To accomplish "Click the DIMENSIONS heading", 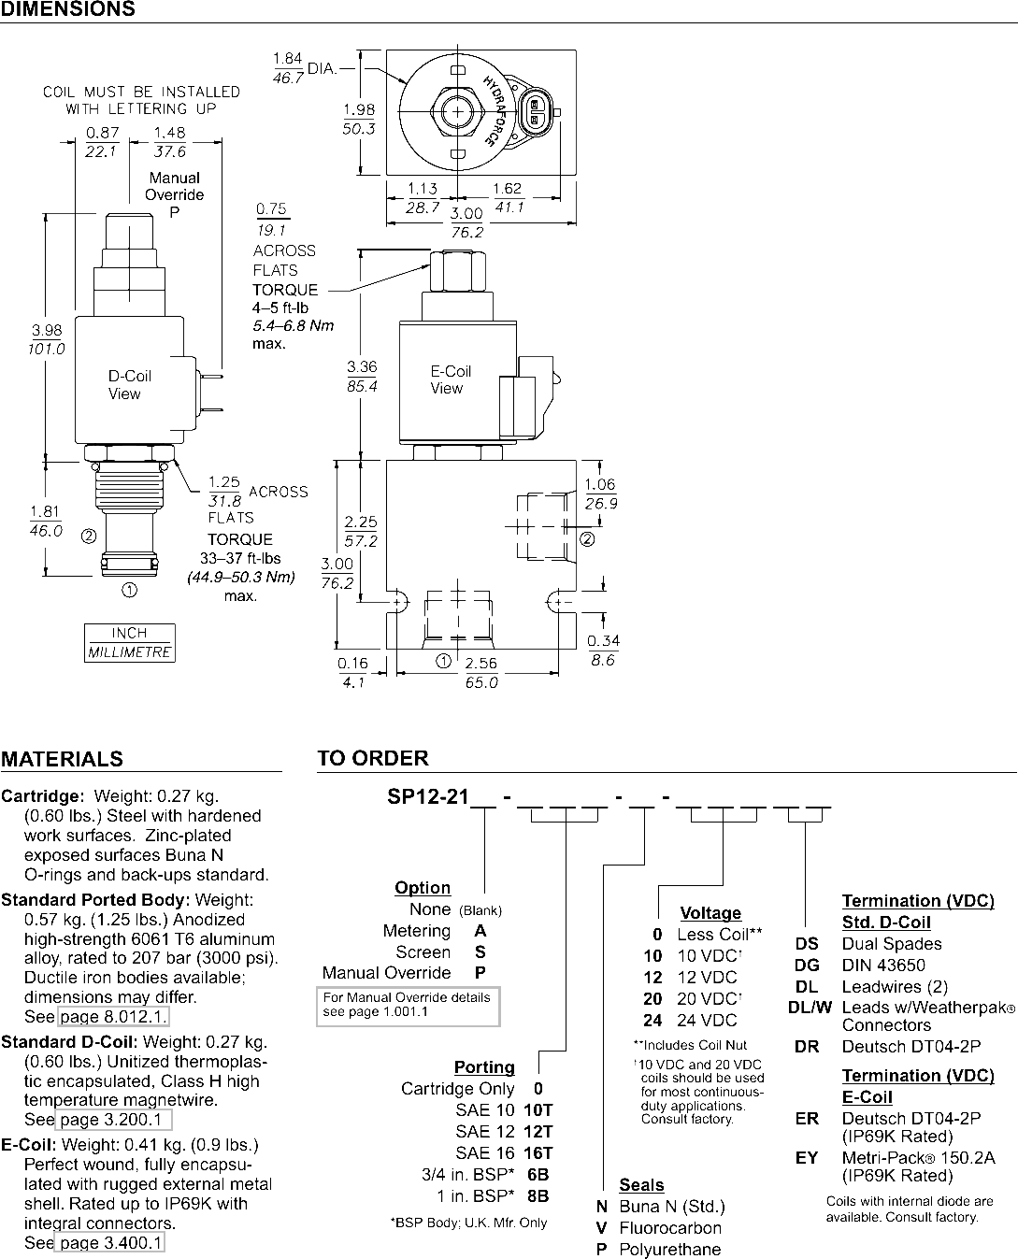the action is pyautogui.click(x=68, y=8).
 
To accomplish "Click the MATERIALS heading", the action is pyautogui.click(x=62, y=759).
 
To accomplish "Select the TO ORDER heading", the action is pyautogui.click(x=373, y=758).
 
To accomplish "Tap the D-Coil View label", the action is pyautogui.click(x=129, y=385).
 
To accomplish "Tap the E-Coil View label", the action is pyautogui.click(x=451, y=379).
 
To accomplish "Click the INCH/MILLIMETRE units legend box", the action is pyautogui.click(x=129, y=643).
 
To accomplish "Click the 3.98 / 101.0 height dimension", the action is pyautogui.click(x=46, y=339).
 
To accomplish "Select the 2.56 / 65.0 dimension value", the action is pyautogui.click(x=481, y=673).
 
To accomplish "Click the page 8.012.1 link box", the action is pyautogui.click(x=113, y=1016).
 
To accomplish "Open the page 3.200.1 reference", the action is pyautogui.click(x=114, y=1120).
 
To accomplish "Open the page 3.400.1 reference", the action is pyautogui.click(x=109, y=1242).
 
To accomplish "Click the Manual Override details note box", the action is pyautogui.click(x=408, y=1006).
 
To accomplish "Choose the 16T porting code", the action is pyautogui.click(x=538, y=1152).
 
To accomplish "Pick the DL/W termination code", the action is pyautogui.click(x=810, y=1008).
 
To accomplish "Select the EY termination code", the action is pyautogui.click(x=807, y=1157).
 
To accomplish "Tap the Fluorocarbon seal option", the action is pyautogui.click(x=670, y=1227).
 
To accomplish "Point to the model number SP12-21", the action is pyautogui.click(x=428, y=796).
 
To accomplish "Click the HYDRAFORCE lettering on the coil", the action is pyautogui.click(x=495, y=110).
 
